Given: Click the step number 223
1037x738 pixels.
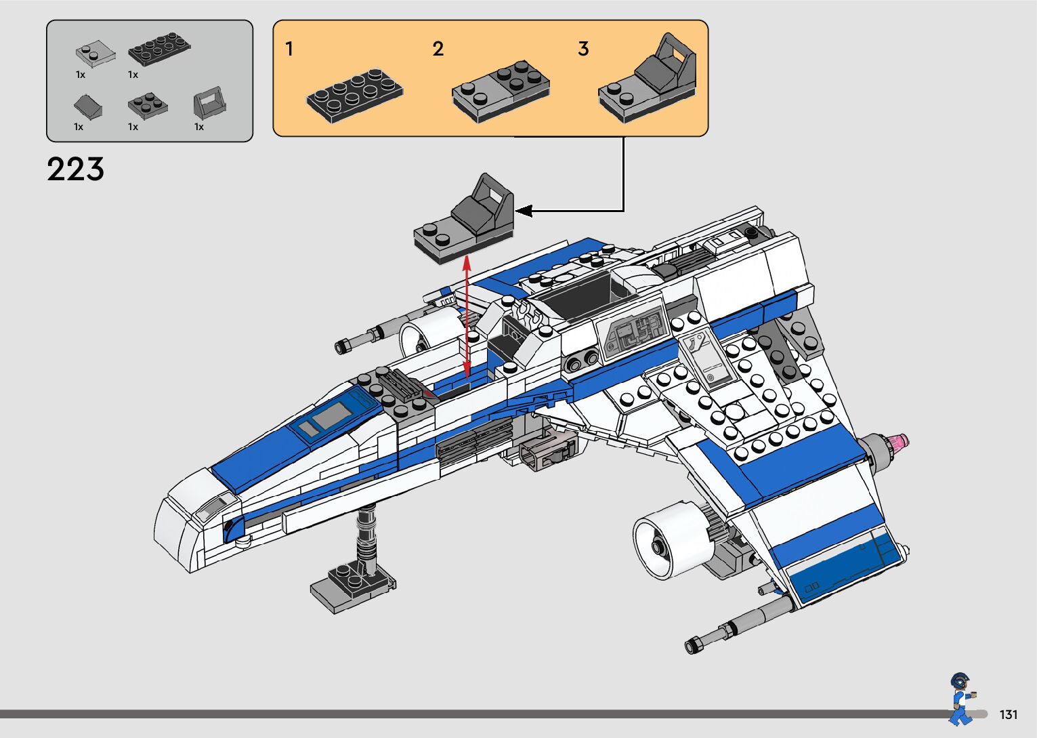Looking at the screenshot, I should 75,169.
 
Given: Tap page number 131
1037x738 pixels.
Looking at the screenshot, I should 1008,714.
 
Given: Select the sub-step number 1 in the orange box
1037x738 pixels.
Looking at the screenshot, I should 289,49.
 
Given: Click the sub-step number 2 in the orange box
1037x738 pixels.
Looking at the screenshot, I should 438,49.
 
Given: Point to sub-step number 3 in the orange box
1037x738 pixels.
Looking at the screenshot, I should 583,49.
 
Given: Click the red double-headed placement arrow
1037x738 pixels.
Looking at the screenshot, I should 467,315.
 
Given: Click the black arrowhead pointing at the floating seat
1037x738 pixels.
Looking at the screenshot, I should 524,211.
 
